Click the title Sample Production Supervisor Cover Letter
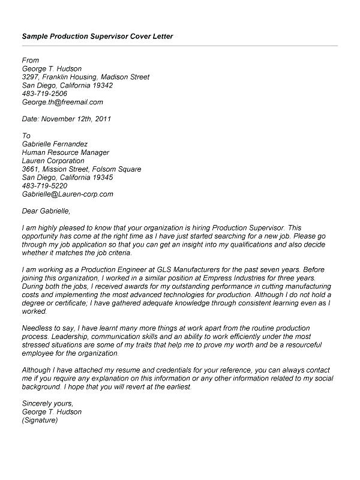click(97, 37)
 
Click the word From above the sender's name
click(30, 60)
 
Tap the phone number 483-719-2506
click(44, 94)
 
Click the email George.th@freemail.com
click(62, 102)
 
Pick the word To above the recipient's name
click(26, 136)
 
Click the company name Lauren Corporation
click(53, 161)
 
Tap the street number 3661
click(32, 169)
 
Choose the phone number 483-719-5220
click(44, 186)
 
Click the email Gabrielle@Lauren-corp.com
click(67, 194)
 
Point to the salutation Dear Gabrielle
click(46, 211)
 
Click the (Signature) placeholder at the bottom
click(40, 421)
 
